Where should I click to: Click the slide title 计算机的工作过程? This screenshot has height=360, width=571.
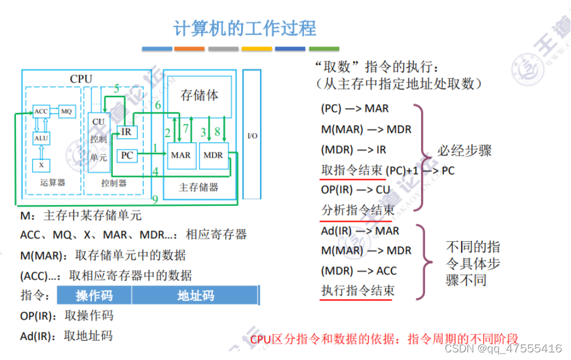pos(245,28)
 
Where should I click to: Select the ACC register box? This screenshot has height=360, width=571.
pos(41,111)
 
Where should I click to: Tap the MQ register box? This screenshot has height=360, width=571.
pos(67,111)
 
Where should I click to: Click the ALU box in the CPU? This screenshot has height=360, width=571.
pos(41,138)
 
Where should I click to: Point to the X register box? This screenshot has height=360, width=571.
pos(41,165)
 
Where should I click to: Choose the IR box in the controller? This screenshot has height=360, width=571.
pos(126,132)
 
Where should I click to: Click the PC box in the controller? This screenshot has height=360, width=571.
pos(126,156)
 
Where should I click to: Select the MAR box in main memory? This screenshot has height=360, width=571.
pos(181,155)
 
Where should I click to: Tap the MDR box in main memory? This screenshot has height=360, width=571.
pos(213,155)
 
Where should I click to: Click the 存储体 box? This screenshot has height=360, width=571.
pos(199,95)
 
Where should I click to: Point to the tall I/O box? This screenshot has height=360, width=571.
pos(252,136)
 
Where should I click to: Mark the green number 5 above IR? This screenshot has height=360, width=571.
pos(117,89)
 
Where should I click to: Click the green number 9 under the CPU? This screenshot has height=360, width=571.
pos(155,200)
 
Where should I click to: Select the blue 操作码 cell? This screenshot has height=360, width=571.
pos(94,295)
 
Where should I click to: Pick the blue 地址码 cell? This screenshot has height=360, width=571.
pos(195,295)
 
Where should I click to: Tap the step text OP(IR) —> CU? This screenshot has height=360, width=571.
pos(355,190)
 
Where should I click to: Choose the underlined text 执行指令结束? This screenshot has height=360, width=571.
pos(358,291)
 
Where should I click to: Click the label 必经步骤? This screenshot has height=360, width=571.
pos(465,151)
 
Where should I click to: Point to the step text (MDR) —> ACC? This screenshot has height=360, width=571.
pos(359,271)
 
